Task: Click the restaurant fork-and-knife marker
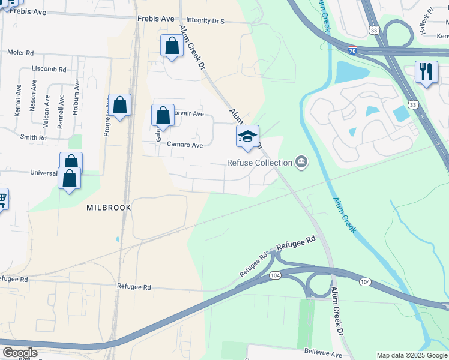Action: (426, 72)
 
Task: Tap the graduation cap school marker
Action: (247, 136)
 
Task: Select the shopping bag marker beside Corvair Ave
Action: (163, 115)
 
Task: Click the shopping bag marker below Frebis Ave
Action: (172, 46)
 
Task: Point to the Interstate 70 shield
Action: (354, 51)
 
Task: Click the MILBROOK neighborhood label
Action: (109, 207)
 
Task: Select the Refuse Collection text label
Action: (259, 162)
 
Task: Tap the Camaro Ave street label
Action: (185, 145)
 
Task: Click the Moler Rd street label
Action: (20, 52)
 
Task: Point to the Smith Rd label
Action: (33, 137)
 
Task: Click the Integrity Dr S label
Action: (205, 20)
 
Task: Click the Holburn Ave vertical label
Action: (76, 100)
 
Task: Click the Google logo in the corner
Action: (19, 353)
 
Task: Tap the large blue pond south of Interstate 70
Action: (352, 73)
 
